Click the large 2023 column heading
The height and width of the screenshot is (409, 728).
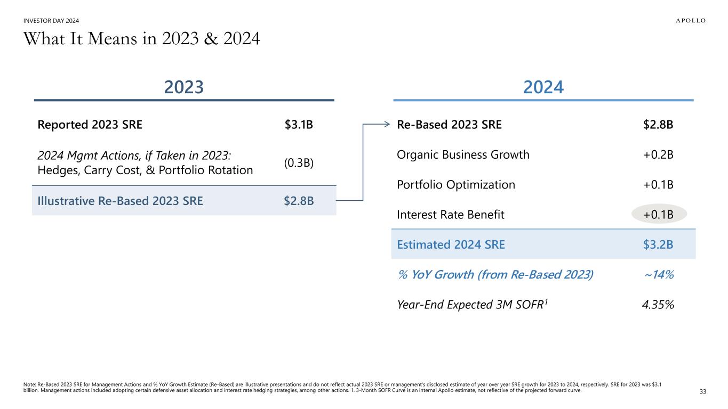click(184, 87)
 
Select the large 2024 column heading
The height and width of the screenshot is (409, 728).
click(543, 87)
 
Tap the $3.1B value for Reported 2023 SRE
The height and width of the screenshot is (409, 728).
click(299, 125)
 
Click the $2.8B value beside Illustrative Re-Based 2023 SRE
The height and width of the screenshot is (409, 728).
click(299, 201)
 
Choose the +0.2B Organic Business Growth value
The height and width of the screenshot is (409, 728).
click(659, 155)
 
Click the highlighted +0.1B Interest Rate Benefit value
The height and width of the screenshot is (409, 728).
click(659, 215)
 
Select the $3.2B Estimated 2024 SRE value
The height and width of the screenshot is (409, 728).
click(659, 244)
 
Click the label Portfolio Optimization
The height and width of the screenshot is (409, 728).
click(456, 185)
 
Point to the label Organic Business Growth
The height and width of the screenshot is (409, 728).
click(463, 155)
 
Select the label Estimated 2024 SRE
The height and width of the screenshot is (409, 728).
click(451, 244)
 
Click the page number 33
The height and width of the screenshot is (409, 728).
click(702, 392)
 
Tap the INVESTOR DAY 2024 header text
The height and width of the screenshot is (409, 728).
click(52, 21)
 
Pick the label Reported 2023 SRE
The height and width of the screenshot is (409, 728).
click(90, 125)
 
